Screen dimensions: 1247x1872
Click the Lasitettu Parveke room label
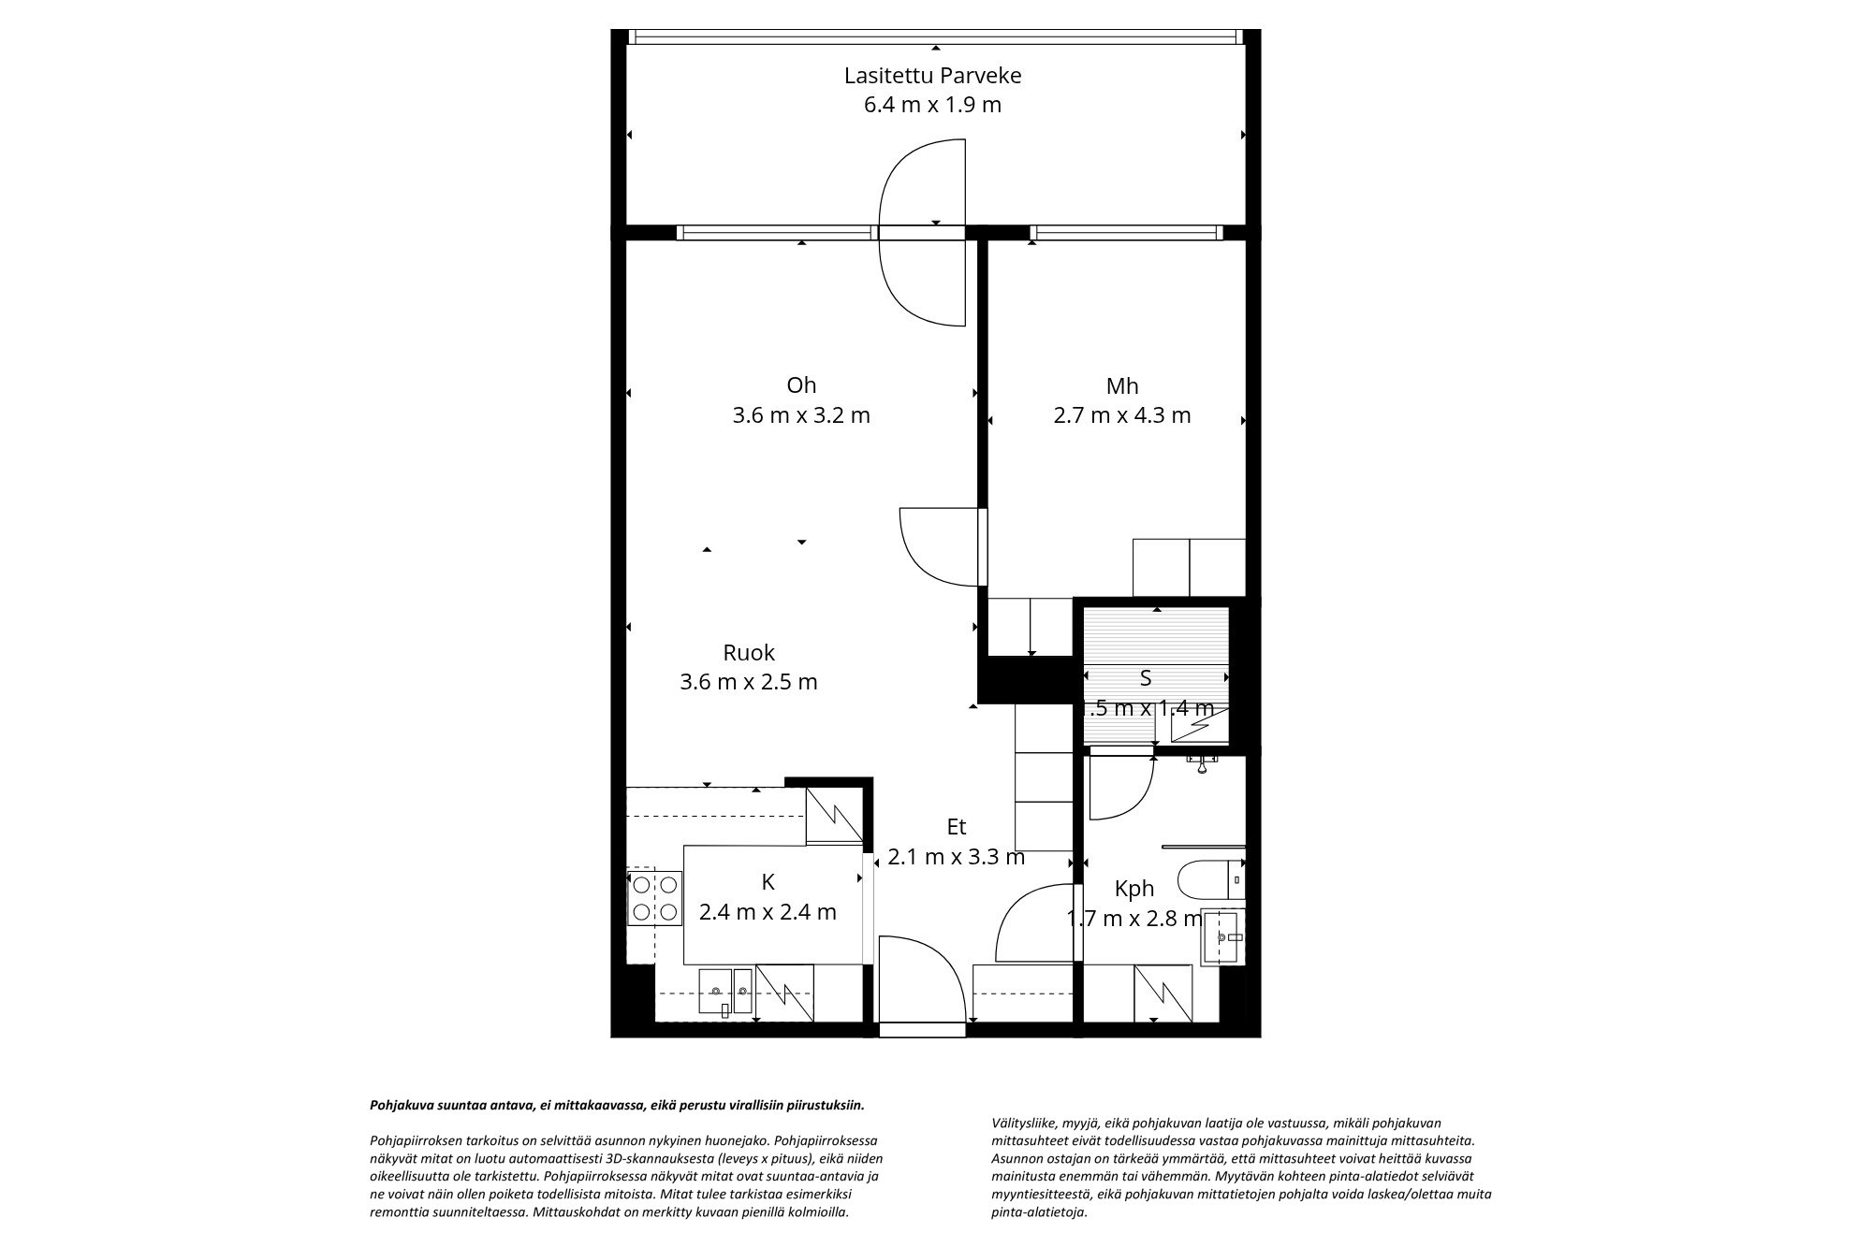tap(932, 75)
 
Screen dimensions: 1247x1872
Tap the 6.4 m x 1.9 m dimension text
tap(932, 105)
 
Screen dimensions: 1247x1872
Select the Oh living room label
tap(801, 384)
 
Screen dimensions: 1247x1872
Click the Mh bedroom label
tap(1121, 385)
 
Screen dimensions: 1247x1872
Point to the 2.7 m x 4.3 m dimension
tap(1121, 415)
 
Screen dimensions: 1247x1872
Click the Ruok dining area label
tap(749, 652)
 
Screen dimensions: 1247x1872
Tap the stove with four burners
tap(654, 897)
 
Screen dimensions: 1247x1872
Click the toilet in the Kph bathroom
tap(1207, 880)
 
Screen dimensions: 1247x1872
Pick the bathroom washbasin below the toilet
tap(1223, 937)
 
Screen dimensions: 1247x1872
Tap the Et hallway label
tap(956, 827)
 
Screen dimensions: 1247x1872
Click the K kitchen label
tap(768, 881)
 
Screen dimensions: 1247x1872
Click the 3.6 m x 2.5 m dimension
tap(749, 682)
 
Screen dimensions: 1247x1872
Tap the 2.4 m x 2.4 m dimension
tap(768, 911)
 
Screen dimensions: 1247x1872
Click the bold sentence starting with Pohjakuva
tap(618, 1105)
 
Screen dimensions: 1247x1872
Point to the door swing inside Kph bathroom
tap(1119, 790)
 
